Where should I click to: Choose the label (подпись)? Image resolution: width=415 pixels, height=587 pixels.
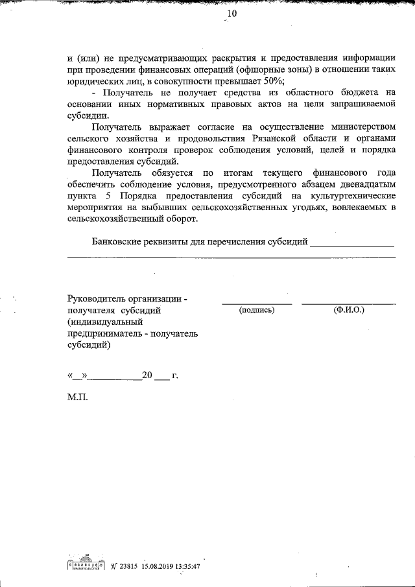click(257, 310)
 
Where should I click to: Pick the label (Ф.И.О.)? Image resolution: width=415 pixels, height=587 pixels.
click(349, 310)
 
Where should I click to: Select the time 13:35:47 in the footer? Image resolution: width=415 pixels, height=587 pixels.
click(187, 566)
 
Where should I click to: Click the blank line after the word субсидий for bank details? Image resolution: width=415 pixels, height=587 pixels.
click(352, 245)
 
